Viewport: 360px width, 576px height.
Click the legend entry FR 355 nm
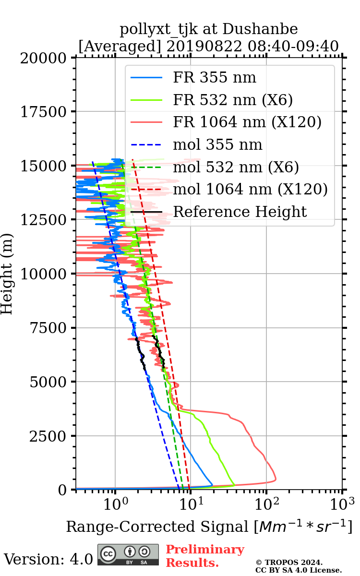pyautogui.click(x=214, y=78)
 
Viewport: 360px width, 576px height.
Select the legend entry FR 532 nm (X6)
pyautogui.click(x=233, y=100)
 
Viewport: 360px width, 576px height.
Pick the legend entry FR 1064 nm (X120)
pyautogui.click(x=247, y=122)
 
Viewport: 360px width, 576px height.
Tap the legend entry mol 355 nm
pyautogui.click(x=217, y=144)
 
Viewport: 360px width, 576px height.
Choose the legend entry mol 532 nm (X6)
pyautogui.click(x=236, y=167)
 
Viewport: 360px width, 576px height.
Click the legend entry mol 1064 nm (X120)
pyautogui.click(x=250, y=189)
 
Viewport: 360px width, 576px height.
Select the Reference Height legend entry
pyautogui.click(x=240, y=212)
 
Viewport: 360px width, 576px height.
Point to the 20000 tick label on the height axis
pyautogui.click(x=46, y=58)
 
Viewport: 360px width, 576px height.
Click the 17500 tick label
pyautogui.click(x=46, y=112)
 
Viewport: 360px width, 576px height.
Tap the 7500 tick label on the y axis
pyautogui.click(x=49, y=328)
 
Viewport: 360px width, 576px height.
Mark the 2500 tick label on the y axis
pyautogui.click(x=49, y=436)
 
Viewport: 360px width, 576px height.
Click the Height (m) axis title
pyautogui.click(x=7, y=274)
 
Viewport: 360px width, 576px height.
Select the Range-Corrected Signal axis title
pyautogui.click(x=209, y=527)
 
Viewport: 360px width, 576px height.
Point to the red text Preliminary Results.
pyautogui.click(x=204, y=556)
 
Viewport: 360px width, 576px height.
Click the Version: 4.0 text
pyautogui.click(x=48, y=559)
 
